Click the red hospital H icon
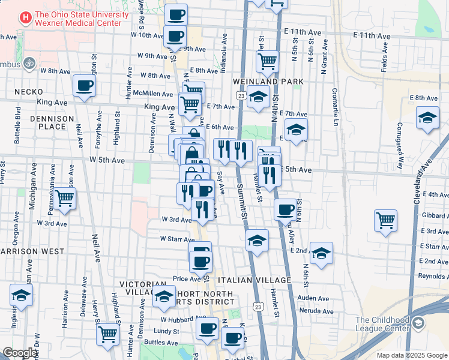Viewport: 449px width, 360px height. (25, 18)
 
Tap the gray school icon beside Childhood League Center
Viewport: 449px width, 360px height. (418, 324)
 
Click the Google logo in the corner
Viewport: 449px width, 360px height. (20, 353)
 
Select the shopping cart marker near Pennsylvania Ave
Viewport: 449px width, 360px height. (65, 199)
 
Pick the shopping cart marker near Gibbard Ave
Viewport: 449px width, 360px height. (385, 220)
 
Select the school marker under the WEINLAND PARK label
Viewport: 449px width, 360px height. (258, 95)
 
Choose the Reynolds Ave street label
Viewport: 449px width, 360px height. (433, 276)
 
